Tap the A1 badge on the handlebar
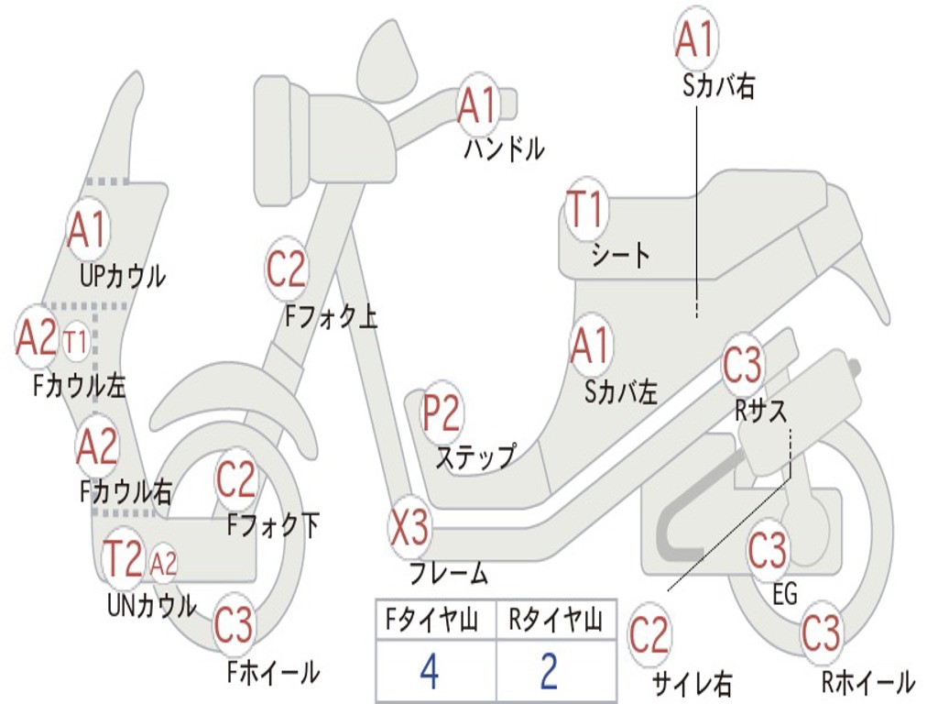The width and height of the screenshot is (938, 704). click(x=478, y=104)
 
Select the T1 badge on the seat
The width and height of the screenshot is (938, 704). click(x=585, y=211)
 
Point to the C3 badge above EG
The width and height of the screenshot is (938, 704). click(x=768, y=551)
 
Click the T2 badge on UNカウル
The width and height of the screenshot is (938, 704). click(x=124, y=558)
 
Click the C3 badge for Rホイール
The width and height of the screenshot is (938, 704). click(x=821, y=632)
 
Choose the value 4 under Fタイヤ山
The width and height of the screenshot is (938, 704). click(x=429, y=672)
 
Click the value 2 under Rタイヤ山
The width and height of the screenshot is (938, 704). click(x=549, y=672)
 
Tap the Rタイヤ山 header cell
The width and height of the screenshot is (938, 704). click(x=555, y=621)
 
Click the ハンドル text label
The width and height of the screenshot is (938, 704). click(x=504, y=148)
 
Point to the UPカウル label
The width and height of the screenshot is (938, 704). click(x=123, y=275)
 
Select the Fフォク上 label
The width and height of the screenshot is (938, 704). click(x=330, y=316)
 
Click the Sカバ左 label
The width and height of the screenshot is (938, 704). click(x=621, y=392)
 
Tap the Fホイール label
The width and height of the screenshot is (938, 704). click(x=273, y=672)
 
